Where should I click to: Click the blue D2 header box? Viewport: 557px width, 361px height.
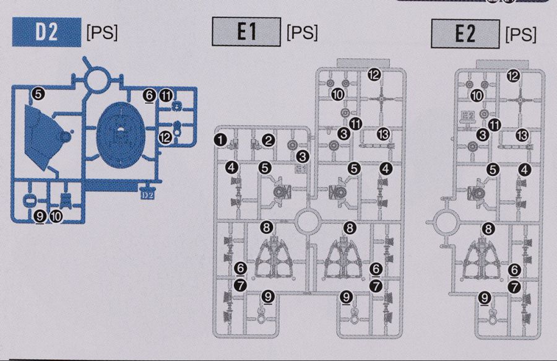(x=46, y=32)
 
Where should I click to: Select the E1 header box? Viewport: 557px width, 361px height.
(x=246, y=32)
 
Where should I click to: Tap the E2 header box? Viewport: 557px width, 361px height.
(x=465, y=34)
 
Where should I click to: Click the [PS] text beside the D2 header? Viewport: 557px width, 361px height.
(x=102, y=33)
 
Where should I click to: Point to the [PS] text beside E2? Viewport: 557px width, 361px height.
(x=520, y=35)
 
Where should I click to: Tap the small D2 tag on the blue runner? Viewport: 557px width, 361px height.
(x=147, y=194)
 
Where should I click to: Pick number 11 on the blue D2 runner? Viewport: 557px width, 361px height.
(x=166, y=95)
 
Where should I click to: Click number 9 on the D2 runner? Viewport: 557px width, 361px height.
(x=40, y=216)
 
